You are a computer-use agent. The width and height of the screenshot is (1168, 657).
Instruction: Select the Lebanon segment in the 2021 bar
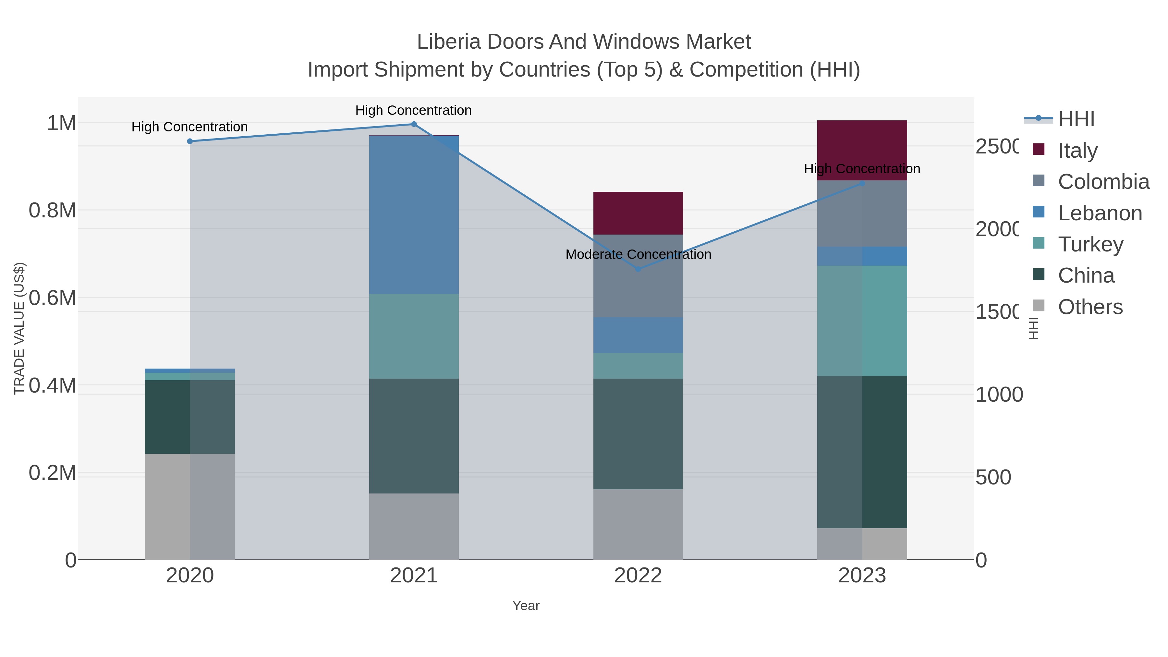point(414,215)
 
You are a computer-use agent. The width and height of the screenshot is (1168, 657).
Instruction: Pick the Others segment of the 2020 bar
point(189,506)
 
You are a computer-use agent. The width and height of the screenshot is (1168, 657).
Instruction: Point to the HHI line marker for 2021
point(414,124)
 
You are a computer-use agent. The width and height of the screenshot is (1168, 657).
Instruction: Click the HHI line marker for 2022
point(638,269)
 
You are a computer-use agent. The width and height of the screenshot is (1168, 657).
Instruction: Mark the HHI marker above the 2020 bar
point(190,141)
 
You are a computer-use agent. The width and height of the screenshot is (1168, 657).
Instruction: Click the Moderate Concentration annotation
point(638,255)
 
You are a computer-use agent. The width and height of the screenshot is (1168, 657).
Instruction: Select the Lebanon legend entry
point(1100,213)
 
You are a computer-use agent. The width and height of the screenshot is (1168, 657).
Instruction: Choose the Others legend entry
point(1090,307)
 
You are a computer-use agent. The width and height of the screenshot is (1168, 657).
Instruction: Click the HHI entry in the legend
point(1076,119)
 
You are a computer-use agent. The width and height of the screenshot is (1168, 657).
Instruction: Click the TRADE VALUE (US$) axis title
point(19,328)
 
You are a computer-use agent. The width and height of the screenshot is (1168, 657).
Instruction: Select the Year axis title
point(526,606)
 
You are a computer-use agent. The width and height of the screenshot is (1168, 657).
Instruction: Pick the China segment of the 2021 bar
point(414,436)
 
